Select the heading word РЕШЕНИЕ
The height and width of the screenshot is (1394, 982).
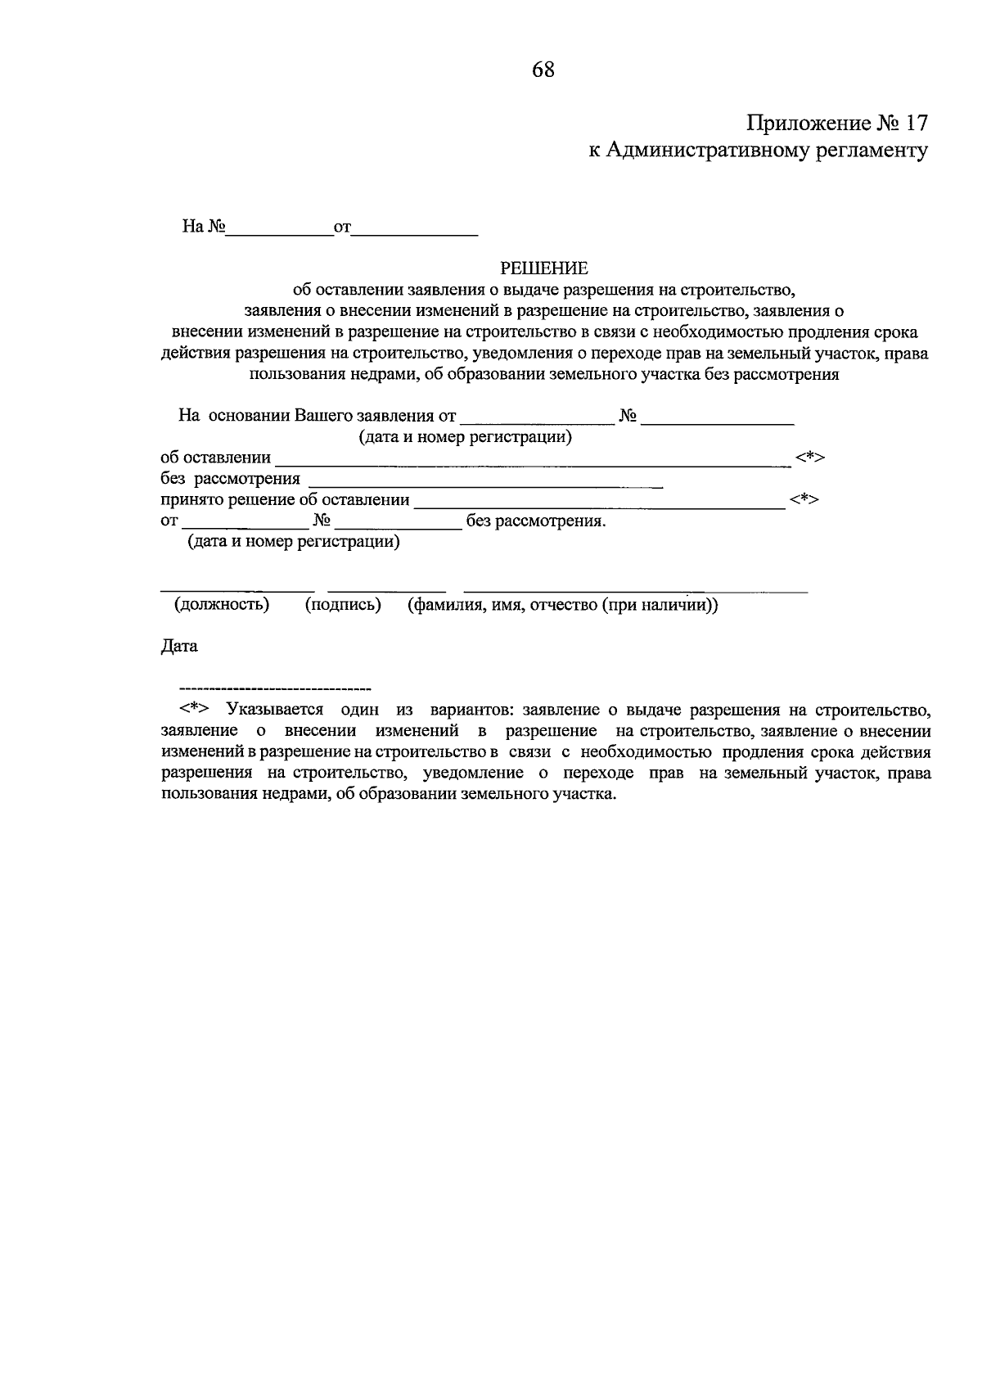(544, 268)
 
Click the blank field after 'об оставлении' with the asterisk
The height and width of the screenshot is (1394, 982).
(532, 463)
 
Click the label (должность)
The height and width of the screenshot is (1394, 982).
(221, 605)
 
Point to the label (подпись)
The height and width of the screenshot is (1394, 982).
(343, 605)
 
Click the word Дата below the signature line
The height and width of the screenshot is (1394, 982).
(179, 646)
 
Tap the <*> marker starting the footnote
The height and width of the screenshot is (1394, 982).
(195, 709)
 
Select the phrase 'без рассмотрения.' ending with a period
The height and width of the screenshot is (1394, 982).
(536, 521)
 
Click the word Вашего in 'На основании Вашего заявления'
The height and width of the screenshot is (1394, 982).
(322, 415)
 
